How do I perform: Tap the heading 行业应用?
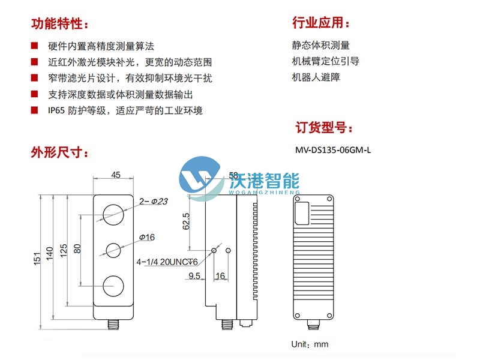click(x=320, y=23)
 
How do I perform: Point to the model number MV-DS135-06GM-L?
click(x=333, y=150)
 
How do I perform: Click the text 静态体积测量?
click(x=321, y=45)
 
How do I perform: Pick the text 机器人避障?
click(x=317, y=77)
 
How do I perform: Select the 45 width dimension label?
click(x=116, y=175)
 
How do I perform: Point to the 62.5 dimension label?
click(x=186, y=221)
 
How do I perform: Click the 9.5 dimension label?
click(x=194, y=276)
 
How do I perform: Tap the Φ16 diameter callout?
click(x=146, y=238)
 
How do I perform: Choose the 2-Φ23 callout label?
click(x=152, y=202)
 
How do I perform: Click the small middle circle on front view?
click(x=114, y=248)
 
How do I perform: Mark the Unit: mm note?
click(x=310, y=344)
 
